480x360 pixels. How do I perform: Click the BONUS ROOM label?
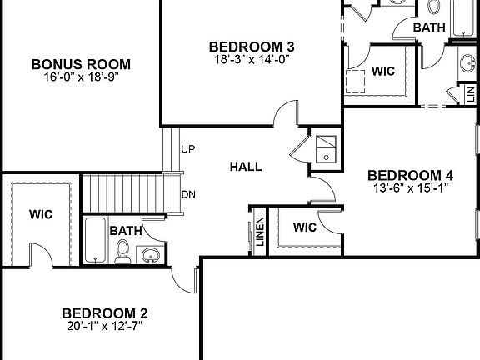81,64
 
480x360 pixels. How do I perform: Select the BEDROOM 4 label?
410,175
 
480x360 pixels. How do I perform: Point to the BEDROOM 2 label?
105,313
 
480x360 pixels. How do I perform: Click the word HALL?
245,167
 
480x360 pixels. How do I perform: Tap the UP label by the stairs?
188,149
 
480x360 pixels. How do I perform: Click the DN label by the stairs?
188,194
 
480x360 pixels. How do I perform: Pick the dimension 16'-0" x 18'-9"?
81,77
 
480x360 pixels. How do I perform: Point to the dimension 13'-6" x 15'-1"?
410,188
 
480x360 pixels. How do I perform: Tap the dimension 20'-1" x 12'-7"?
105,327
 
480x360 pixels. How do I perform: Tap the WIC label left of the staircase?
41,214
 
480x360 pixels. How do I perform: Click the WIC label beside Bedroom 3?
382,71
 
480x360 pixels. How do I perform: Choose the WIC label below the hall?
304,227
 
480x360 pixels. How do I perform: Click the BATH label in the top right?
429,27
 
